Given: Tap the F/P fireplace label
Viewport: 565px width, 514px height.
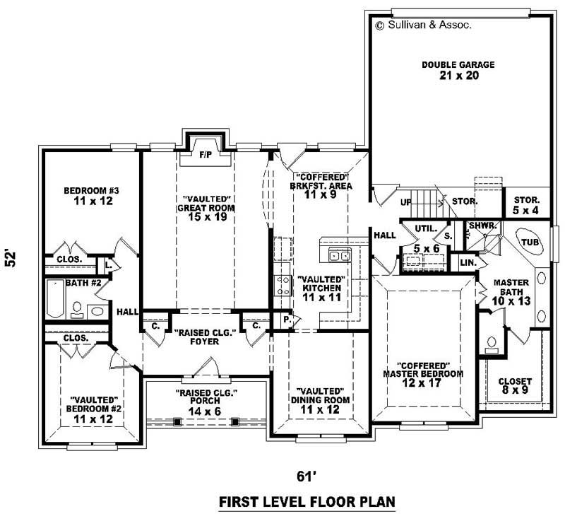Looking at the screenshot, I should tap(206, 153).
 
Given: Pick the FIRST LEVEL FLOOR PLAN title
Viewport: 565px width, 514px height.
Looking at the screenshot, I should tap(306, 501).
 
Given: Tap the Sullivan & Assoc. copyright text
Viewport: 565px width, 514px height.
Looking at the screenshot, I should tap(423, 24).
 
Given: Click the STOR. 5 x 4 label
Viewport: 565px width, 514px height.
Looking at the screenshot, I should tap(526, 205).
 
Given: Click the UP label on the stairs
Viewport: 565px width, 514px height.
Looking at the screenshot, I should tap(405, 202).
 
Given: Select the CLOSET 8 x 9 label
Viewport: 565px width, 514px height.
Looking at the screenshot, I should tap(515, 386).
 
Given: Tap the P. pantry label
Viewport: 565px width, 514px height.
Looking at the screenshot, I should tap(286, 319).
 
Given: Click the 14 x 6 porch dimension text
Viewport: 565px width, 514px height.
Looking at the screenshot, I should tap(206, 411).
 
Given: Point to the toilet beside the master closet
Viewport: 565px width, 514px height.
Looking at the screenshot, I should tap(493, 344).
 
